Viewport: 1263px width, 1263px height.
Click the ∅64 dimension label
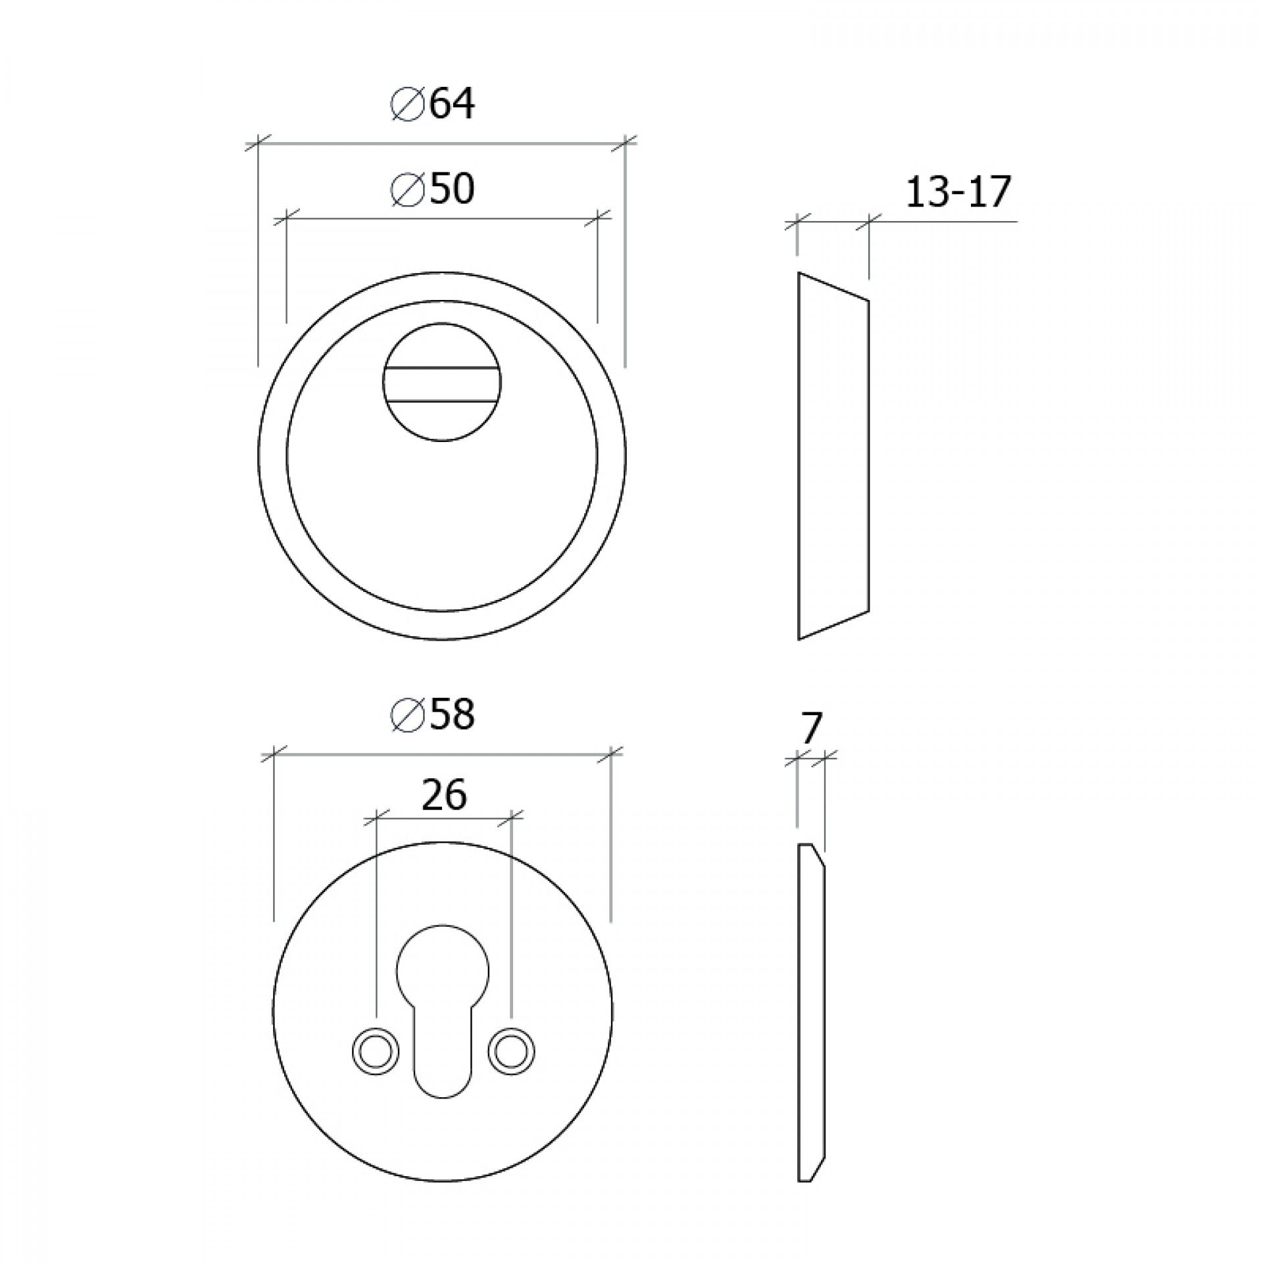tap(432, 105)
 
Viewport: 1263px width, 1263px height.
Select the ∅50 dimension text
tap(432, 190)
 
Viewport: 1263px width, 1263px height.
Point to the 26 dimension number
tap(444, 794)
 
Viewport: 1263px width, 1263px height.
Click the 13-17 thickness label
tap(957, 193)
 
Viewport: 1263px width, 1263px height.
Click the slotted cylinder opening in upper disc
tap(442, 384)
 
